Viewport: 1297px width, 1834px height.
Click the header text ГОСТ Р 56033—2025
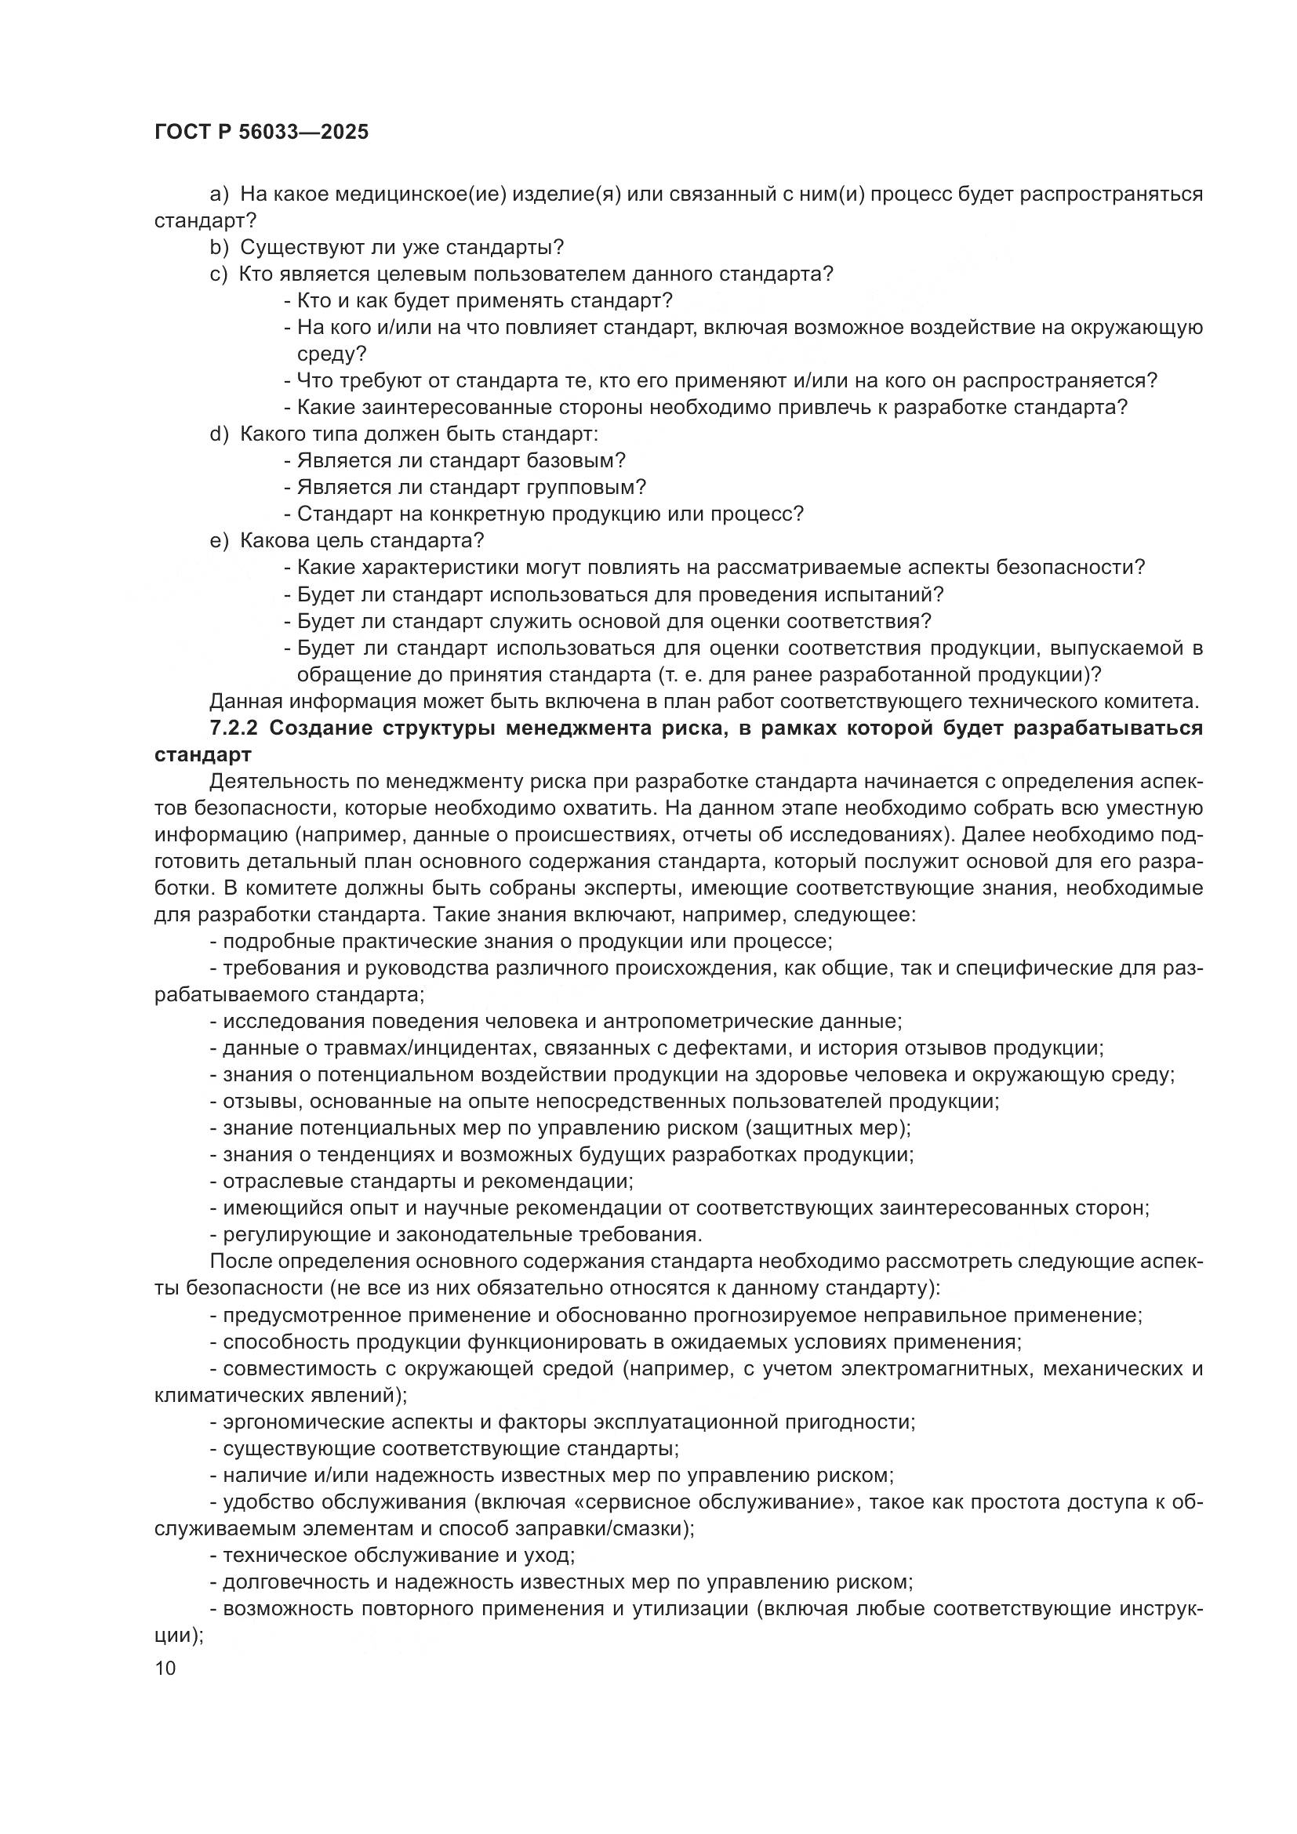261,133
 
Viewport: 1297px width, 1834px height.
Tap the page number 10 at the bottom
165,1668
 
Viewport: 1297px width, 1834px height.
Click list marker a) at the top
219,194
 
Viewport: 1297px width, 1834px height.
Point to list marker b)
219,248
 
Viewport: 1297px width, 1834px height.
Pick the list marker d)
219,434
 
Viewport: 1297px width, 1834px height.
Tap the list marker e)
219,541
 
